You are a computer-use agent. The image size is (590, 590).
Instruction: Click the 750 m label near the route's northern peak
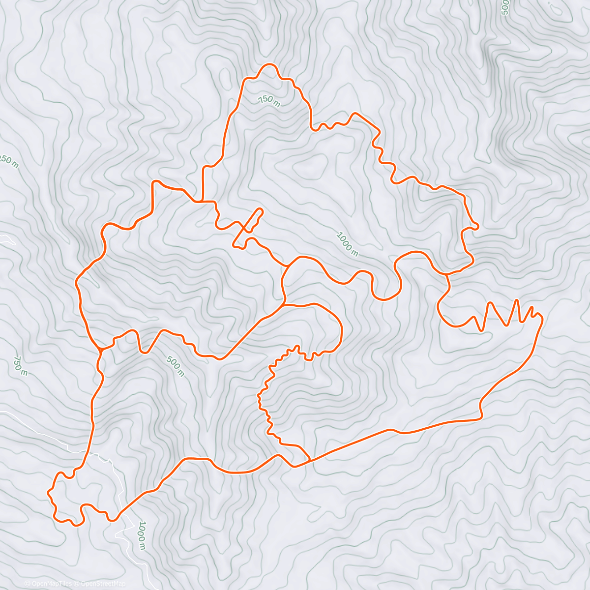tap(269, 100)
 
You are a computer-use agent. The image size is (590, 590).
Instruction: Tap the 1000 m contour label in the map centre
tap(347, 244)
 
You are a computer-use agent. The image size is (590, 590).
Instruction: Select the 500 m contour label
tap(175, 366)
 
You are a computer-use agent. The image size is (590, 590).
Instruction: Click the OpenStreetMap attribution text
tap(103, 584)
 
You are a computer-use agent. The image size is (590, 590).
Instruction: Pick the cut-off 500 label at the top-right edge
tap(504, 8)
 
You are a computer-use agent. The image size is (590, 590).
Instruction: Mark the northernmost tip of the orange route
tap(269, 64)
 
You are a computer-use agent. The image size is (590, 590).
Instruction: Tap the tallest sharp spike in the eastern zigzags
tap(516, 299)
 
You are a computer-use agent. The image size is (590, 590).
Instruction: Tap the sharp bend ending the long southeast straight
tap(481, 418)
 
